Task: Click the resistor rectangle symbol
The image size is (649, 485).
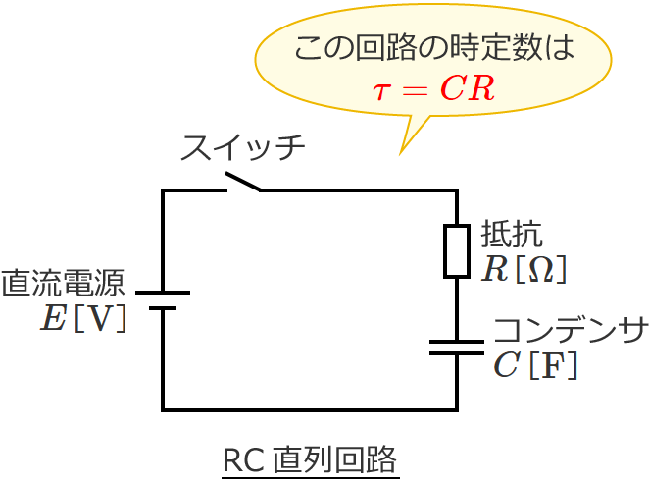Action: [457, 250]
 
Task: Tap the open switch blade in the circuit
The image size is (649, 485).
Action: [243, 182]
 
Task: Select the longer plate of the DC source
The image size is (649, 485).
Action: [163, 293]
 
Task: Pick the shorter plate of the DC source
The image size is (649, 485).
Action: [163, 308]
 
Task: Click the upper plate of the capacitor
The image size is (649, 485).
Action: [457, 343]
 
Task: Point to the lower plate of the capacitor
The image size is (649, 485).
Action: [457, 353]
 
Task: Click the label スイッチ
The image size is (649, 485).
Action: [242, 148]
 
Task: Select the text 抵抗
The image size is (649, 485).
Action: [511, 235]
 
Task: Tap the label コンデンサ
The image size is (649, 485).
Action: [570, 331]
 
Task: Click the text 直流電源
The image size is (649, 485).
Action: [63, 284]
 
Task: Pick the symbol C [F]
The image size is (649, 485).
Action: [535, 365]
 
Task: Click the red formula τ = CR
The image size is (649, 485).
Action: [433, 88]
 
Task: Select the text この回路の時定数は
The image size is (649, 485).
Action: [433, 49]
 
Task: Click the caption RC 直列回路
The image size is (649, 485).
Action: [310, 459]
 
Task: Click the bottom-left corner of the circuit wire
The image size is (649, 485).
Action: [163, 409]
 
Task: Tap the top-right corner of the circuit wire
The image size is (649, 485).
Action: [457, 190]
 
